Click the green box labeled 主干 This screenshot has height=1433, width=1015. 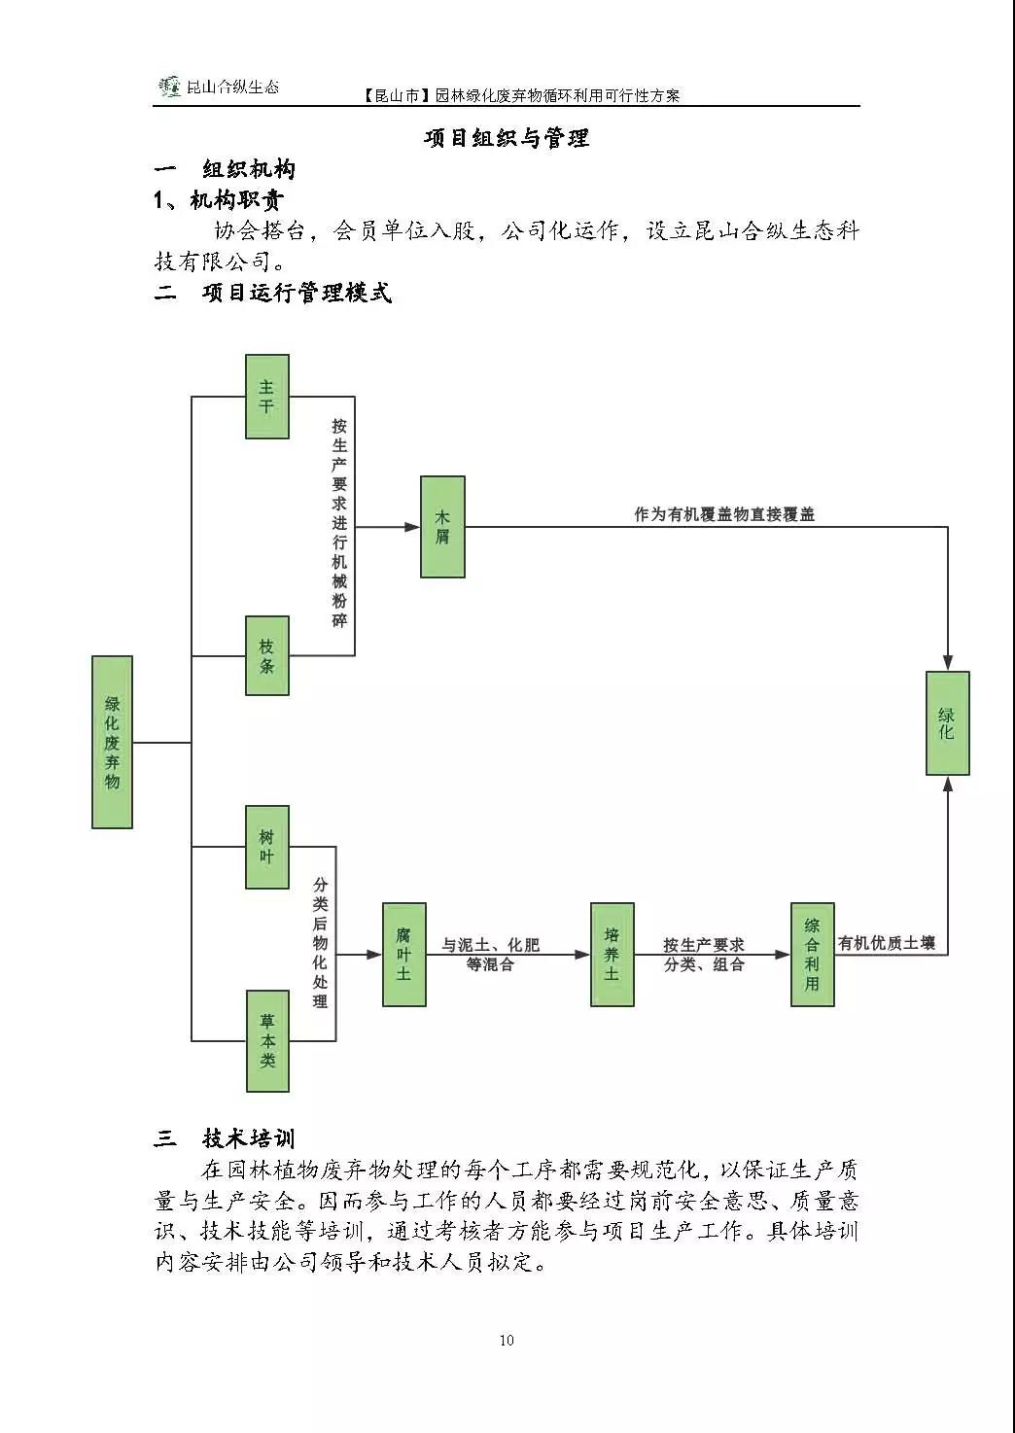pos(266,397)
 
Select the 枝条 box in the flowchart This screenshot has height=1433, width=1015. pos(266,655)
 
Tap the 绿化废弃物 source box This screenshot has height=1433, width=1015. pos(112,742)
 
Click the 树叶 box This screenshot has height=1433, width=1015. pos(266,847)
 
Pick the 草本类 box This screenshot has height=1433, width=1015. pos(266,1040)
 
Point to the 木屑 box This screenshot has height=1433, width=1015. pos(442,527)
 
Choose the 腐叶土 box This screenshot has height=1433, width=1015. pos(403,954)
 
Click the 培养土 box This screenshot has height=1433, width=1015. pos(612,954)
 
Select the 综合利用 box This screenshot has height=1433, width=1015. pos(812,954)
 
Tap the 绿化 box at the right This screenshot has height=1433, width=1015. pos(947,722)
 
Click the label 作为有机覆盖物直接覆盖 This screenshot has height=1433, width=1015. pos(724,514)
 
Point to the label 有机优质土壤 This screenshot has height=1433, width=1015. pos(887,942)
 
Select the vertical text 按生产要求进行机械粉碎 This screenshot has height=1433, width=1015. pos(339,523)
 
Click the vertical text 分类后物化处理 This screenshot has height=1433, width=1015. pos(321,942)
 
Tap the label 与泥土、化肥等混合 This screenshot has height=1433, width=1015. pos(490,954)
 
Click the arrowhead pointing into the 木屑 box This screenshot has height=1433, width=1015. pos(412,527)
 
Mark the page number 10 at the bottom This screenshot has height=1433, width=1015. pos(507,1340)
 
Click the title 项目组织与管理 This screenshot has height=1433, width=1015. pos(507,138)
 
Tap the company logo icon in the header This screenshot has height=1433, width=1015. pos(170,87)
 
